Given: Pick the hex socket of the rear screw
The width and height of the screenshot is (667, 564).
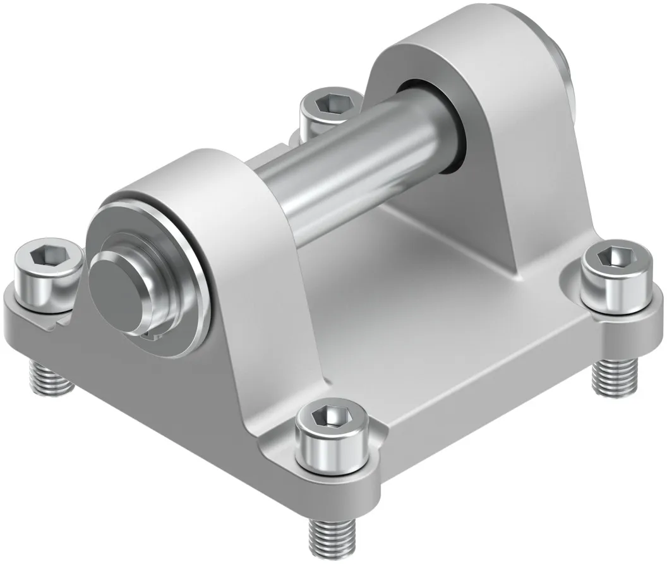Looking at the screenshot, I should coord(330,101).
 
